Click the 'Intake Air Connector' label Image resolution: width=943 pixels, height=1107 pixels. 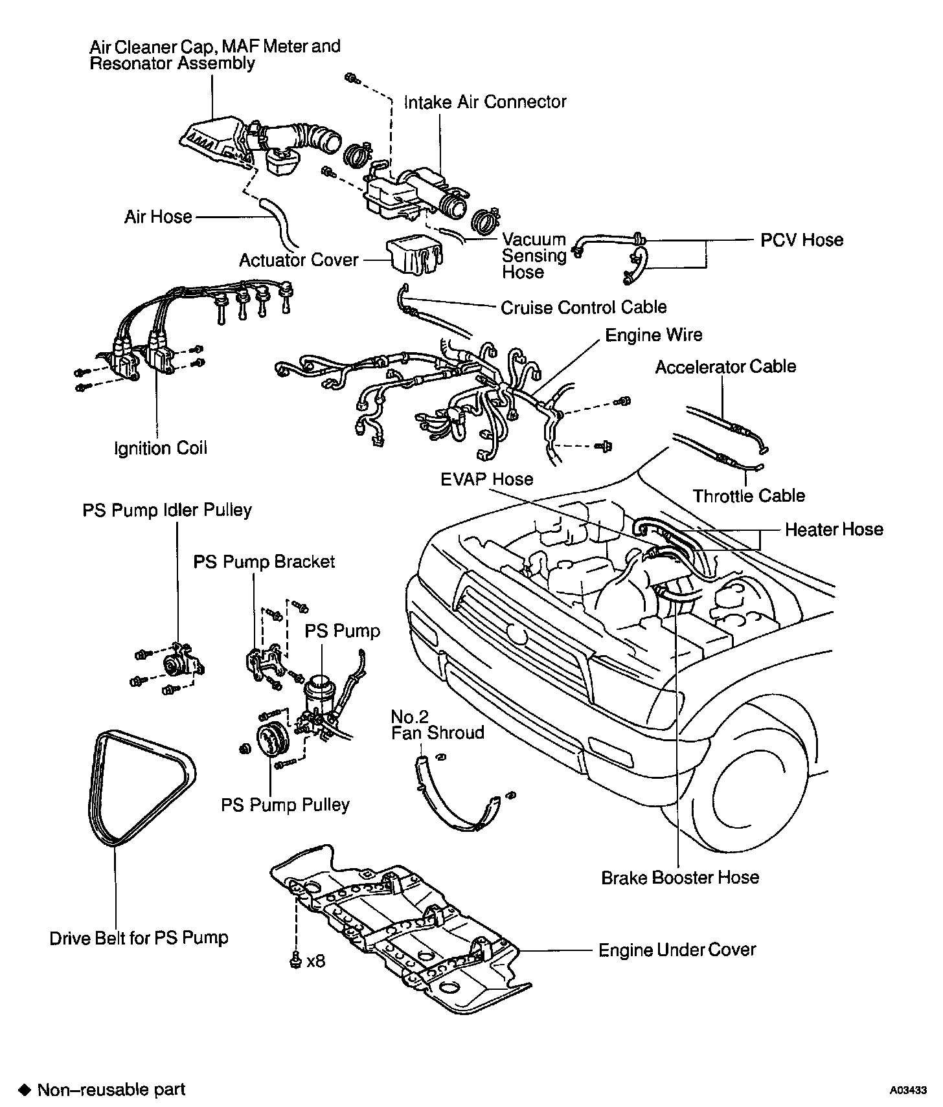(485, 102)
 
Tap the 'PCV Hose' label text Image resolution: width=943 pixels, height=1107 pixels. (802, 240)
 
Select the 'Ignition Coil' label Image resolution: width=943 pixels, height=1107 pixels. (161, 448)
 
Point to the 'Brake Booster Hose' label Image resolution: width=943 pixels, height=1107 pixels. (680, 877)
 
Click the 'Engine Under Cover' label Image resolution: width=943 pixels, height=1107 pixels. (677, 950)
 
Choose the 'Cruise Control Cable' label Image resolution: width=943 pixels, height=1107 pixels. (584, 307)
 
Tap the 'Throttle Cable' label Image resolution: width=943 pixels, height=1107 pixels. (749, 496)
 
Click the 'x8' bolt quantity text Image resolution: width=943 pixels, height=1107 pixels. (316, 961)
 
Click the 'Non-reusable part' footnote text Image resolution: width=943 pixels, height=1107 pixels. (111, 1090)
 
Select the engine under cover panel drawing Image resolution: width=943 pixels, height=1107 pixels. (398, 926)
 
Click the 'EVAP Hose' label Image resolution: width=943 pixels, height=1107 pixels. (487, 479)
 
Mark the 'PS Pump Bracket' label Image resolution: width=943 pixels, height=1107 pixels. (264, 561)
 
